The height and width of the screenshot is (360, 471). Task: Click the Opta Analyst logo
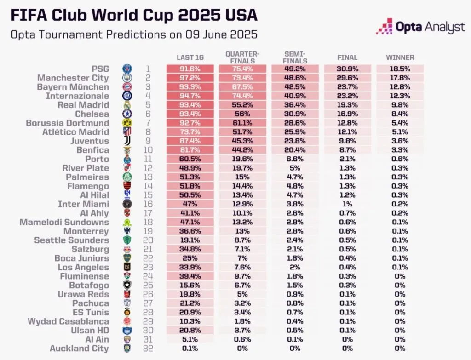420,27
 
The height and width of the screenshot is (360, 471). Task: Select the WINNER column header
400,57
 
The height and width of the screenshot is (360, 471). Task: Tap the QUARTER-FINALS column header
242,57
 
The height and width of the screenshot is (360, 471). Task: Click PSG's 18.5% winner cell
400,69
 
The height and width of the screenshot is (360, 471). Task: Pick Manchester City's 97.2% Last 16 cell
190,78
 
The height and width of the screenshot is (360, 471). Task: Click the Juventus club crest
127,141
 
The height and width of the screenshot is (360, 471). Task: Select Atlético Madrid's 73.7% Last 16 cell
190,132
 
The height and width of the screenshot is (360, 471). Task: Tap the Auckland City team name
79,348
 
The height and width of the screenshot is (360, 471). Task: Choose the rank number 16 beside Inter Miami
148,204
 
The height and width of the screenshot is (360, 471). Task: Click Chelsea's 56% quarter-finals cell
242,114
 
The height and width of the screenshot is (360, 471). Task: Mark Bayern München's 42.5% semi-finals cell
295,87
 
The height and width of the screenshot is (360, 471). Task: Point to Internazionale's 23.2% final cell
347,96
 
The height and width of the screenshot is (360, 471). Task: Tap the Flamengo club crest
127,186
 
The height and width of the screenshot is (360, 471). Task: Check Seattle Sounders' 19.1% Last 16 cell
190,240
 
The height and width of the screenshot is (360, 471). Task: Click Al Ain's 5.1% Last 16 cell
190,339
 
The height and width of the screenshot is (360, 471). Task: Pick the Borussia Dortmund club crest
127,123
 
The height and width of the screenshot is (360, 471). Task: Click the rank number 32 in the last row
148,348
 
